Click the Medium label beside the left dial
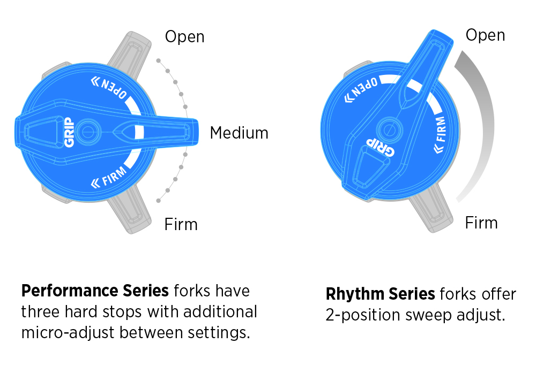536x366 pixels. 239,133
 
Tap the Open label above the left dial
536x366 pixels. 184,37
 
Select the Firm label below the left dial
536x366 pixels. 181,224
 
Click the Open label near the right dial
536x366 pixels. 485,35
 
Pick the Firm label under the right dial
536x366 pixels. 481,223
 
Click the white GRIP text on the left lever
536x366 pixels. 69,132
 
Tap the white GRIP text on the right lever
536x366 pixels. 381,147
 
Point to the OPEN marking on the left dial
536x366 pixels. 109,87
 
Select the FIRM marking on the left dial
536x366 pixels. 109,177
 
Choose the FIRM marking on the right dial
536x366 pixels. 440,135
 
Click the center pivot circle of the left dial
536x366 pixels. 88,132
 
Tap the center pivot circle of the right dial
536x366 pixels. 389,130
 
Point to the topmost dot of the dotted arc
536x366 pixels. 158,60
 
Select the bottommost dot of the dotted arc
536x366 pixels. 158,201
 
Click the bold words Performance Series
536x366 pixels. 95,291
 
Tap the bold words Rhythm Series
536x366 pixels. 381,294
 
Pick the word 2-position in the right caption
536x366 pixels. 363,315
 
